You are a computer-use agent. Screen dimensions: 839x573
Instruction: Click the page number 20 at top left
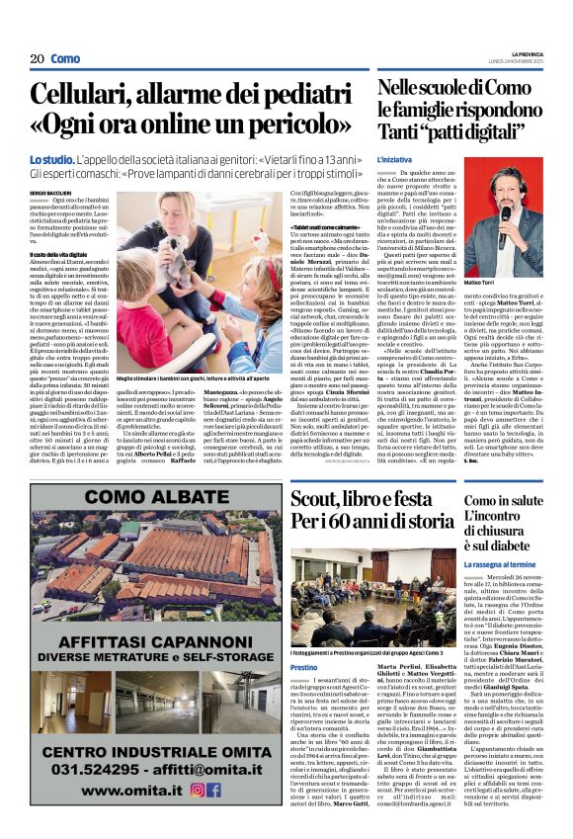click(38, 58)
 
